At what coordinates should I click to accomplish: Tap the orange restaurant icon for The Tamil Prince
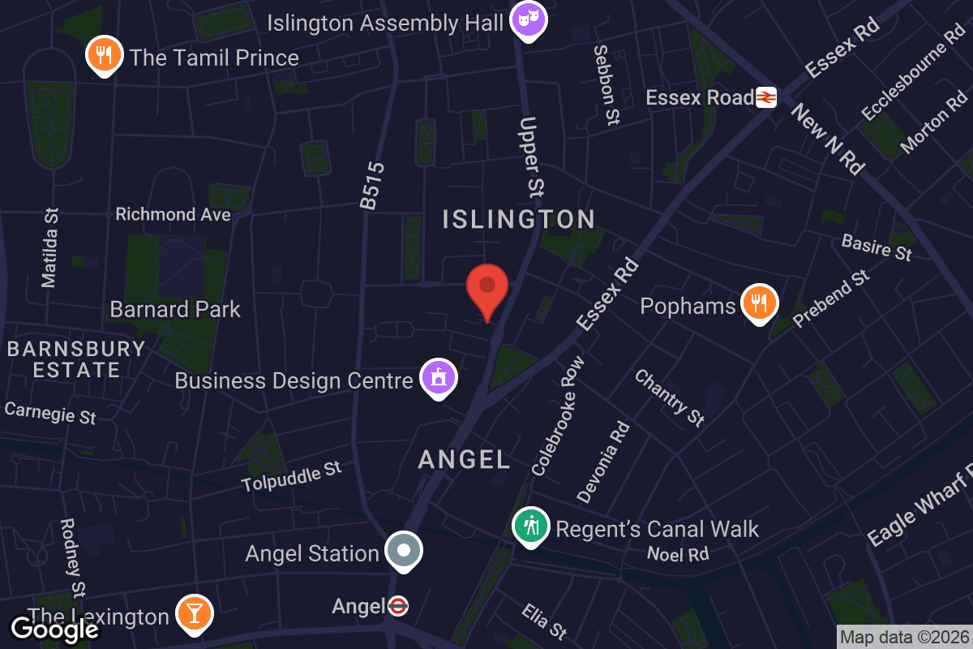[x=104, y=55]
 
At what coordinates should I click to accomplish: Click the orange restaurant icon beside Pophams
[x=759, y=303]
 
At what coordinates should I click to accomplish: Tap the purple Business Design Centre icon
[x=439, y=378]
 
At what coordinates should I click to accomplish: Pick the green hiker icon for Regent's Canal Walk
[x=530, y=527]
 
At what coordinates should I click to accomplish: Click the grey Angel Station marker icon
[x=404, y=551]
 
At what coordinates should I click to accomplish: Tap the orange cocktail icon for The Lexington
[x=194, y=614]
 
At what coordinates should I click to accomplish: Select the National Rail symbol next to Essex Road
[x=766, y=98]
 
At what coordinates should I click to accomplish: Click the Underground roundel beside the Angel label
[x=397, y=606]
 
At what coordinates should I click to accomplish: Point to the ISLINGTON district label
[x=519, y=219]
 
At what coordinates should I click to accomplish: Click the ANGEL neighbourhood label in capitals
[x=465, y=460]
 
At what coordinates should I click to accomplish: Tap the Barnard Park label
[x=175, y=309]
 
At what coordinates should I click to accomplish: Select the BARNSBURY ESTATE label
[x=76, y=359]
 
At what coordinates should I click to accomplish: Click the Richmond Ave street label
[x=173, y=214]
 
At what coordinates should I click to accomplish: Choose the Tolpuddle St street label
[x=291, y=476]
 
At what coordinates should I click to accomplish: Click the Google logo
[x=54, y=629]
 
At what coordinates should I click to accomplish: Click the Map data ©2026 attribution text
[x=903, y=638]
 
